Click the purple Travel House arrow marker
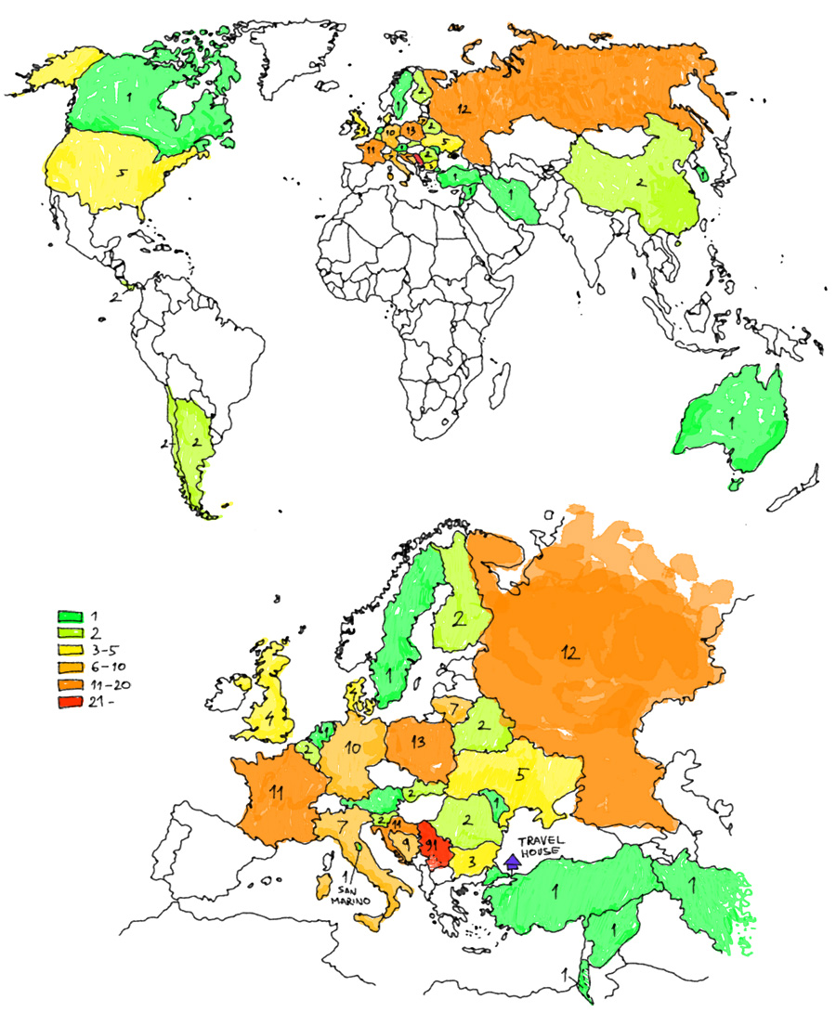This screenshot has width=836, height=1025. point(510,863)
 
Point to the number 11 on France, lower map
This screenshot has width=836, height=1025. point(276,792)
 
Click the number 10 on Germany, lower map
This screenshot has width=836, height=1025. point(352,748)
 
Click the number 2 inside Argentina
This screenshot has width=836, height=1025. point(196,442)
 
